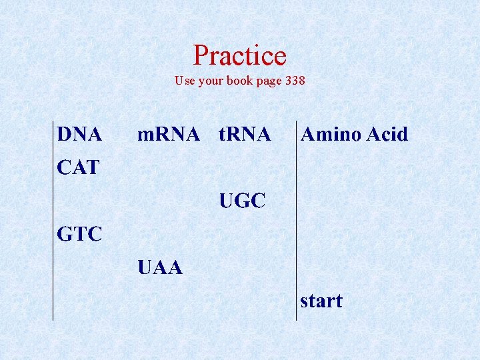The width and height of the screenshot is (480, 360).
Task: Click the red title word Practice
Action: (239, 55)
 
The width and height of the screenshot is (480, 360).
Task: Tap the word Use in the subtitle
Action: (185, 81)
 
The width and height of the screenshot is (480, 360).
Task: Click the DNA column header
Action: (79, 135)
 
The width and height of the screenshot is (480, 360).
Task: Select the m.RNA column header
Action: (168, 135)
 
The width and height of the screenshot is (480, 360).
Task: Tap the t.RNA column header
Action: (245, 135)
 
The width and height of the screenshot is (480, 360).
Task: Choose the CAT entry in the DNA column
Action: (78, 167)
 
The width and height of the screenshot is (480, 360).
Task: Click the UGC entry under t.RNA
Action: (243, 201)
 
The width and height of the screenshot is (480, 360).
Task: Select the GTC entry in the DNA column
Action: (79, 235)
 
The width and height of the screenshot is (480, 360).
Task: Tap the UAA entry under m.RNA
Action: (159, 268)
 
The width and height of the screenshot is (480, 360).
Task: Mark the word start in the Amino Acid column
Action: (321, 301)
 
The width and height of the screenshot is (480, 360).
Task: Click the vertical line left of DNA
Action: (53, 220)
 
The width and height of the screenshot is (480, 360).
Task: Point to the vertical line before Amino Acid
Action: (296, 220)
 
